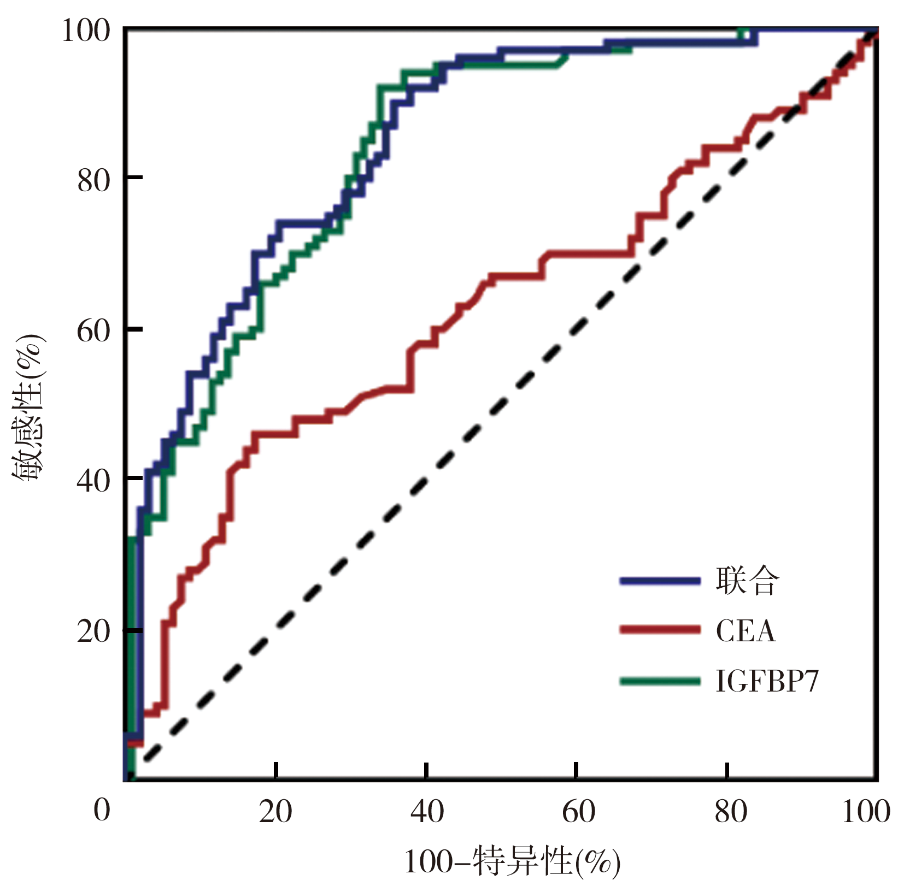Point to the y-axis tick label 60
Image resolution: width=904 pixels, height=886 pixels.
[x=93, y=330]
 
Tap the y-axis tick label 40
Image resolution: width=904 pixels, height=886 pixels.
[x=93, y=481]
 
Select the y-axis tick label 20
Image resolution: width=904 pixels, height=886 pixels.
[x=93, y=632]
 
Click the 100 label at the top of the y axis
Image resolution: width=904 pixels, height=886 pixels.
[x=85, y=30]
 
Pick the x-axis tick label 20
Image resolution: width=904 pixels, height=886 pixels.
[x=275, y=812]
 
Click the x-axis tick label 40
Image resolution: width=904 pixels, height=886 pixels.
[x=427, y=812]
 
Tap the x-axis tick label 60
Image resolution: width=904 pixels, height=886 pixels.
[x=578, y=812]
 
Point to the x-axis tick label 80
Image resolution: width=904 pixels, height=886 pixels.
[x=730, y=812]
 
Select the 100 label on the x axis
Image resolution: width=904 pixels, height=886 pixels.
[x=866, y=812]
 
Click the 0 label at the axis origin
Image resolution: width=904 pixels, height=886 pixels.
[x=102, y=810]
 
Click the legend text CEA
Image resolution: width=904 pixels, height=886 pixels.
[x=745, y=631]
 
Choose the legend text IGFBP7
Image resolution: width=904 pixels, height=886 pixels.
[x=767, y=681]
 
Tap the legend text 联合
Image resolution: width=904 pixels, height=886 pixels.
[x=747, y=581]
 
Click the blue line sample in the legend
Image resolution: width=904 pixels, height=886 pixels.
[x=660, y=581]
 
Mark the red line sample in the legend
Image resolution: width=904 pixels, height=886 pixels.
[x=660, y=630]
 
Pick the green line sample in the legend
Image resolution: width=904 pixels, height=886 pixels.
[x=660, y=681]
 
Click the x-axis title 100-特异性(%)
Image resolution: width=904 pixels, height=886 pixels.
[x=512, y=863]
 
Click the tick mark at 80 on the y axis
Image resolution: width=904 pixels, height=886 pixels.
[x=134, y=178]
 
